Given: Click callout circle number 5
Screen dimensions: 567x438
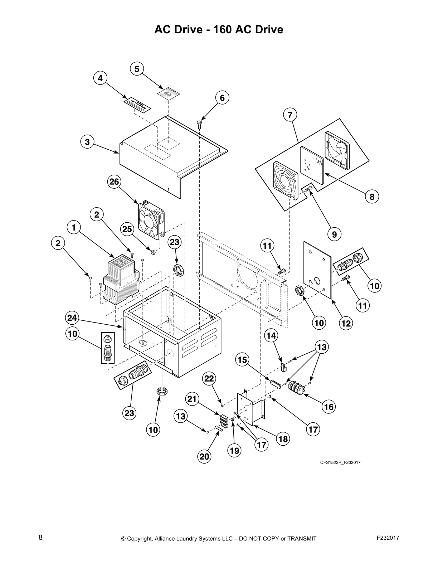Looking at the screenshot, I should click(137, 69).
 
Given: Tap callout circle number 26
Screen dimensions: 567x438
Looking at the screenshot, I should click(114, 181).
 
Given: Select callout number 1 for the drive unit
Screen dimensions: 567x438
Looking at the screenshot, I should click(74, 227).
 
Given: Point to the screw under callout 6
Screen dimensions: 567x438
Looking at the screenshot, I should click(200, 123).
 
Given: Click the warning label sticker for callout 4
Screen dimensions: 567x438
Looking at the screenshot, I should click(137, 104).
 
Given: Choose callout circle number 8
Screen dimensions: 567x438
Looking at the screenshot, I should click(372, 197).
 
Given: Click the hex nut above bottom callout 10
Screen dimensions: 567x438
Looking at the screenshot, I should click(162, 391).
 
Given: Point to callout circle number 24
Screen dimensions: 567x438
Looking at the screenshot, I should click(72, 318).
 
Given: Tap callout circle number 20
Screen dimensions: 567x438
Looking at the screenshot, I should click(204, 456).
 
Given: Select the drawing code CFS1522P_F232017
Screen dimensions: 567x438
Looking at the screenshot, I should click(340, 462).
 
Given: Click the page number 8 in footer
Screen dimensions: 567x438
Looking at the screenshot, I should click(40, 538).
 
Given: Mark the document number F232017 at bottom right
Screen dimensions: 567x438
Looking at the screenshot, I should click(388, 538).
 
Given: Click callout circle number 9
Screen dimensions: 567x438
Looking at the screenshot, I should click(334, 234).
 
